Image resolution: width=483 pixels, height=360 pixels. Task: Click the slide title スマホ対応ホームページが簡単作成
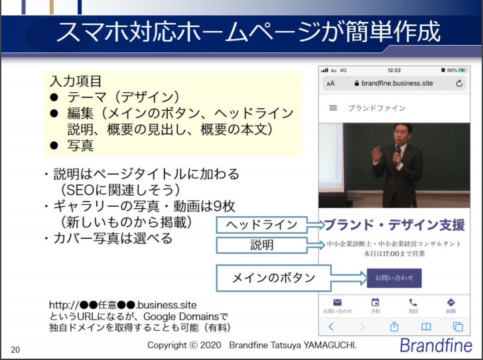(249, 32)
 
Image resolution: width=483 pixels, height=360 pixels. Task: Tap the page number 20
(15, 350)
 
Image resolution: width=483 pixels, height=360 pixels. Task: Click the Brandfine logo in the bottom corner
(436, 345)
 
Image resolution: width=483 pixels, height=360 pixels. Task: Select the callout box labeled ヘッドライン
(262, 225)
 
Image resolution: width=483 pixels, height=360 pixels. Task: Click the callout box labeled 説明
(262, 245)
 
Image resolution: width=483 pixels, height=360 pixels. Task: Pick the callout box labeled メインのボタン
(273, 278)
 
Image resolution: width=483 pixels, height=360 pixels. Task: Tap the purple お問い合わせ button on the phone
(394, 278)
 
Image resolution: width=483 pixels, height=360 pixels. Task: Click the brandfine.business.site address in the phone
(397, 84)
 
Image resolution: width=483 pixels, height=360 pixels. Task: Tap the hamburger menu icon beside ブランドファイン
(333, 108)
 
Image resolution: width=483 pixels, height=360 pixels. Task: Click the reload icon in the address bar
(459, 84)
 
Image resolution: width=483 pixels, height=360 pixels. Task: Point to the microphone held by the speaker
(397, 154)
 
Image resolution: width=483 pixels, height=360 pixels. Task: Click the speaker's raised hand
(376, 154)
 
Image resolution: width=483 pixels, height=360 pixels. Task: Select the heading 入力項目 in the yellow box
(76, 82)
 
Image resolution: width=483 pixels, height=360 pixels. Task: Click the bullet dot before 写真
(54, 146)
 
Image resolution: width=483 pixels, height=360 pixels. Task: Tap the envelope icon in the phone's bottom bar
(337, 302)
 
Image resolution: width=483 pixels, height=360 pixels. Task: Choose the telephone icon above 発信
(413, 302)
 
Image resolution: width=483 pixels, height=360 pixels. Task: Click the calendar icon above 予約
(376, 302)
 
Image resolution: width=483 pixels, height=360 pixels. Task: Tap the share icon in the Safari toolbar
(394, 326)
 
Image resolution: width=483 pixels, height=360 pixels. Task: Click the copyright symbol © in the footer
(194, 345)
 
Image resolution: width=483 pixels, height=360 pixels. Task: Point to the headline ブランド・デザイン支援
(395, 225)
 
